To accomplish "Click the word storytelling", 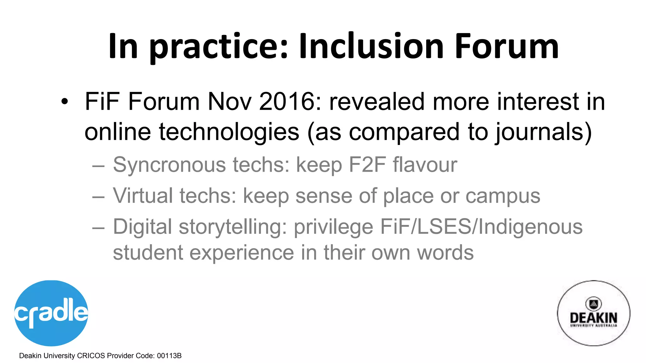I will [x=233, y=227].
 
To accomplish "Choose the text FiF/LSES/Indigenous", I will [x=481, y=227].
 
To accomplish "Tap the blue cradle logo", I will [x=51, y=313].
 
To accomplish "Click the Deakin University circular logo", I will [x=593, y=313].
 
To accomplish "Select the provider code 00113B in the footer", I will [x=169, y=356].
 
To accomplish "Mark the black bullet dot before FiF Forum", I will [x=65, y=102].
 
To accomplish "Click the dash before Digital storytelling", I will [x=98, y=228].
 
